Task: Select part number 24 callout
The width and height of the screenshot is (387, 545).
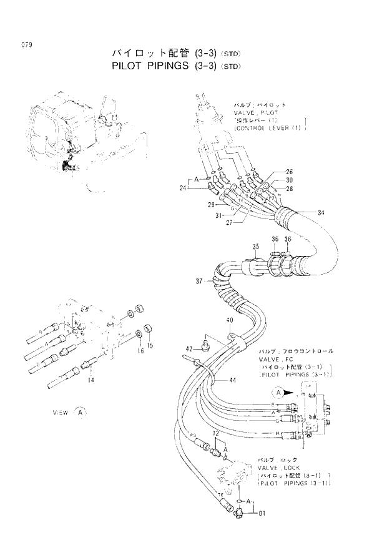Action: coord(183,187)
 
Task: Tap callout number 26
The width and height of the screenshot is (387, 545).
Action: coord(289,172)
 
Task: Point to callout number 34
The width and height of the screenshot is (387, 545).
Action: coord(320,213)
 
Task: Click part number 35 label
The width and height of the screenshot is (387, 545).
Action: coord(255,247)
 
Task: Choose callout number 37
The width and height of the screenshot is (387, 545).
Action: coord(199,282)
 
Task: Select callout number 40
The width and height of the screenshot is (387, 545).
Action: coord(230,320)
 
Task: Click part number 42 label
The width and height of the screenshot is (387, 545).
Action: coord(188,348)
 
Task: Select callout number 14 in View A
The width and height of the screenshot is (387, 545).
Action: coord(92,380)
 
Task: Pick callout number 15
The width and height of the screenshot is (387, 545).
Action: coord(150,345)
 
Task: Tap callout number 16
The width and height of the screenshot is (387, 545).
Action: coord(141,351)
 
